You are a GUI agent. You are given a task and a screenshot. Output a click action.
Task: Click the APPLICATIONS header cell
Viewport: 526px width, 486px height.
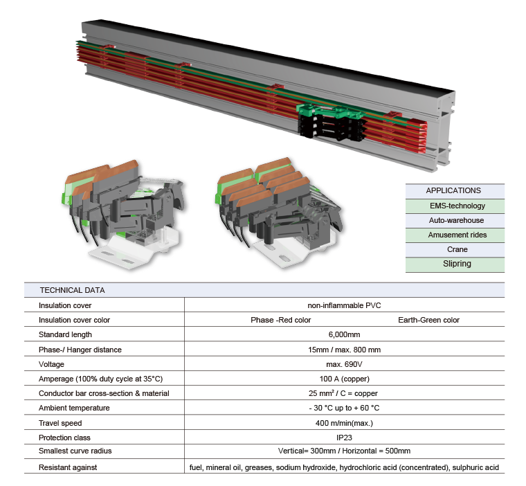point(453,190)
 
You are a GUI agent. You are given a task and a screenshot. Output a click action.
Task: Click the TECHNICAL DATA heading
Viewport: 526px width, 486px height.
point(72,290)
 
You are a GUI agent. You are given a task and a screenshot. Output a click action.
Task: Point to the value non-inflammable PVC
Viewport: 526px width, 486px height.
point(344,305)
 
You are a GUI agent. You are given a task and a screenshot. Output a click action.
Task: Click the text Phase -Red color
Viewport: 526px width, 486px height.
point(280,320)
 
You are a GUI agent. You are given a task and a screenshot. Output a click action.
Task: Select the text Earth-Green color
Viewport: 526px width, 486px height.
point(428,320)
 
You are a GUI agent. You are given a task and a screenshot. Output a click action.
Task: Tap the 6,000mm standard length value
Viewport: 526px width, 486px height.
point(344,334)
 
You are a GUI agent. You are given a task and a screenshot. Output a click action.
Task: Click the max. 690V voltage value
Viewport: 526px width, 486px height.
point(344,364)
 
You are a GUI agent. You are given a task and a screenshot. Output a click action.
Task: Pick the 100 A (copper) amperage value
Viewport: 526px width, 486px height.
point(344,379)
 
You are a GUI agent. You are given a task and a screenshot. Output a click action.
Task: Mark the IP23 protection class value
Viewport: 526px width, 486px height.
point(344,438)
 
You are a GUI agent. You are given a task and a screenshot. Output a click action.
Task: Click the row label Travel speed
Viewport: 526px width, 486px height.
point(60,423)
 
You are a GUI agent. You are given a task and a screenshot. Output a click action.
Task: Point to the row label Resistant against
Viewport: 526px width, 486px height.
point(68,467)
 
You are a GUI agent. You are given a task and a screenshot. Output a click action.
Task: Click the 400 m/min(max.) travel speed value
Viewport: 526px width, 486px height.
point(344,423)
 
